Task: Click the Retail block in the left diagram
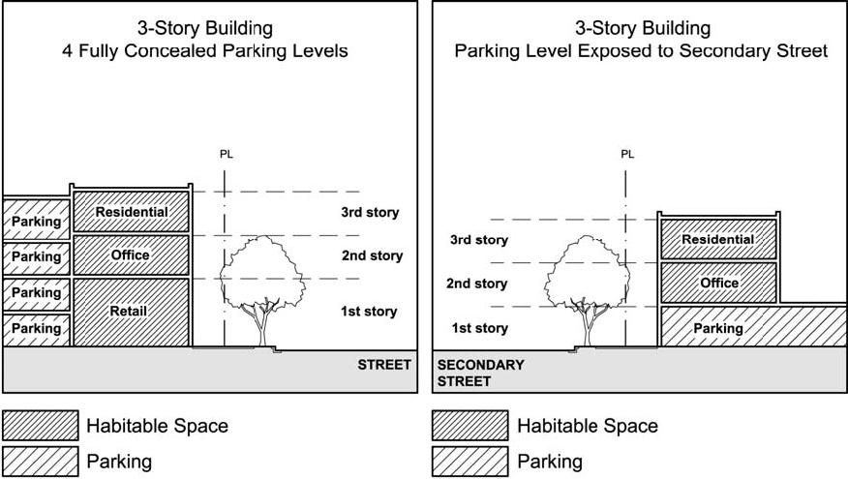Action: point(130,312)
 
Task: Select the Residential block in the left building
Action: point(131,212)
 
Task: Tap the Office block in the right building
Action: point(718,283)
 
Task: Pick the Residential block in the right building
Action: point(717,239)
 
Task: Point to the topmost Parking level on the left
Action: point(36,222)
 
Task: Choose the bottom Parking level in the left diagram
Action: point(36,329)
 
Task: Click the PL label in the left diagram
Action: point(227,154)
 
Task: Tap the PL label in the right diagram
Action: point(627,154)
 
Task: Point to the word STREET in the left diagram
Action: point(384,366)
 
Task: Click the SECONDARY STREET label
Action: point(481,373)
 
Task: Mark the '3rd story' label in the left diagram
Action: point(370,212)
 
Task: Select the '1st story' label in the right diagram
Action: point(479,328)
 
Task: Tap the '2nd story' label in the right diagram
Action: point(476,284)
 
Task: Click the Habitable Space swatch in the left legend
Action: point(41,426)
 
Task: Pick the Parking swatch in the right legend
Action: point(469,461)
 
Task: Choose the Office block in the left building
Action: point(131,255)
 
